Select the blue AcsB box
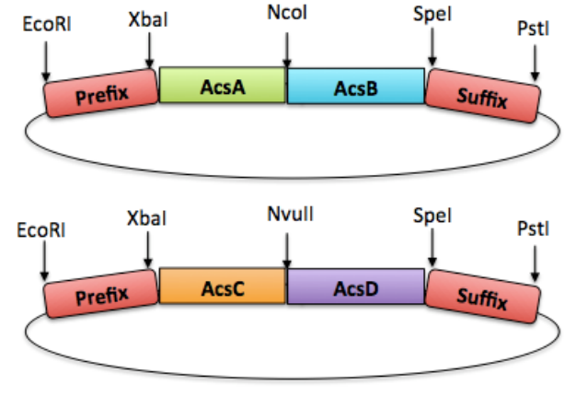click(x=355, y=85)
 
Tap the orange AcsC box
click(x=222, y=286)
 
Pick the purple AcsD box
click(x=355, y=286)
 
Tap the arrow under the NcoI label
click(x=287, y=47)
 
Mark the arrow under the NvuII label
click(x=287, y=247)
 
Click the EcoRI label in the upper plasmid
click(x=43, y=23)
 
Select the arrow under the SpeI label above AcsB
click(x=432, y=51)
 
